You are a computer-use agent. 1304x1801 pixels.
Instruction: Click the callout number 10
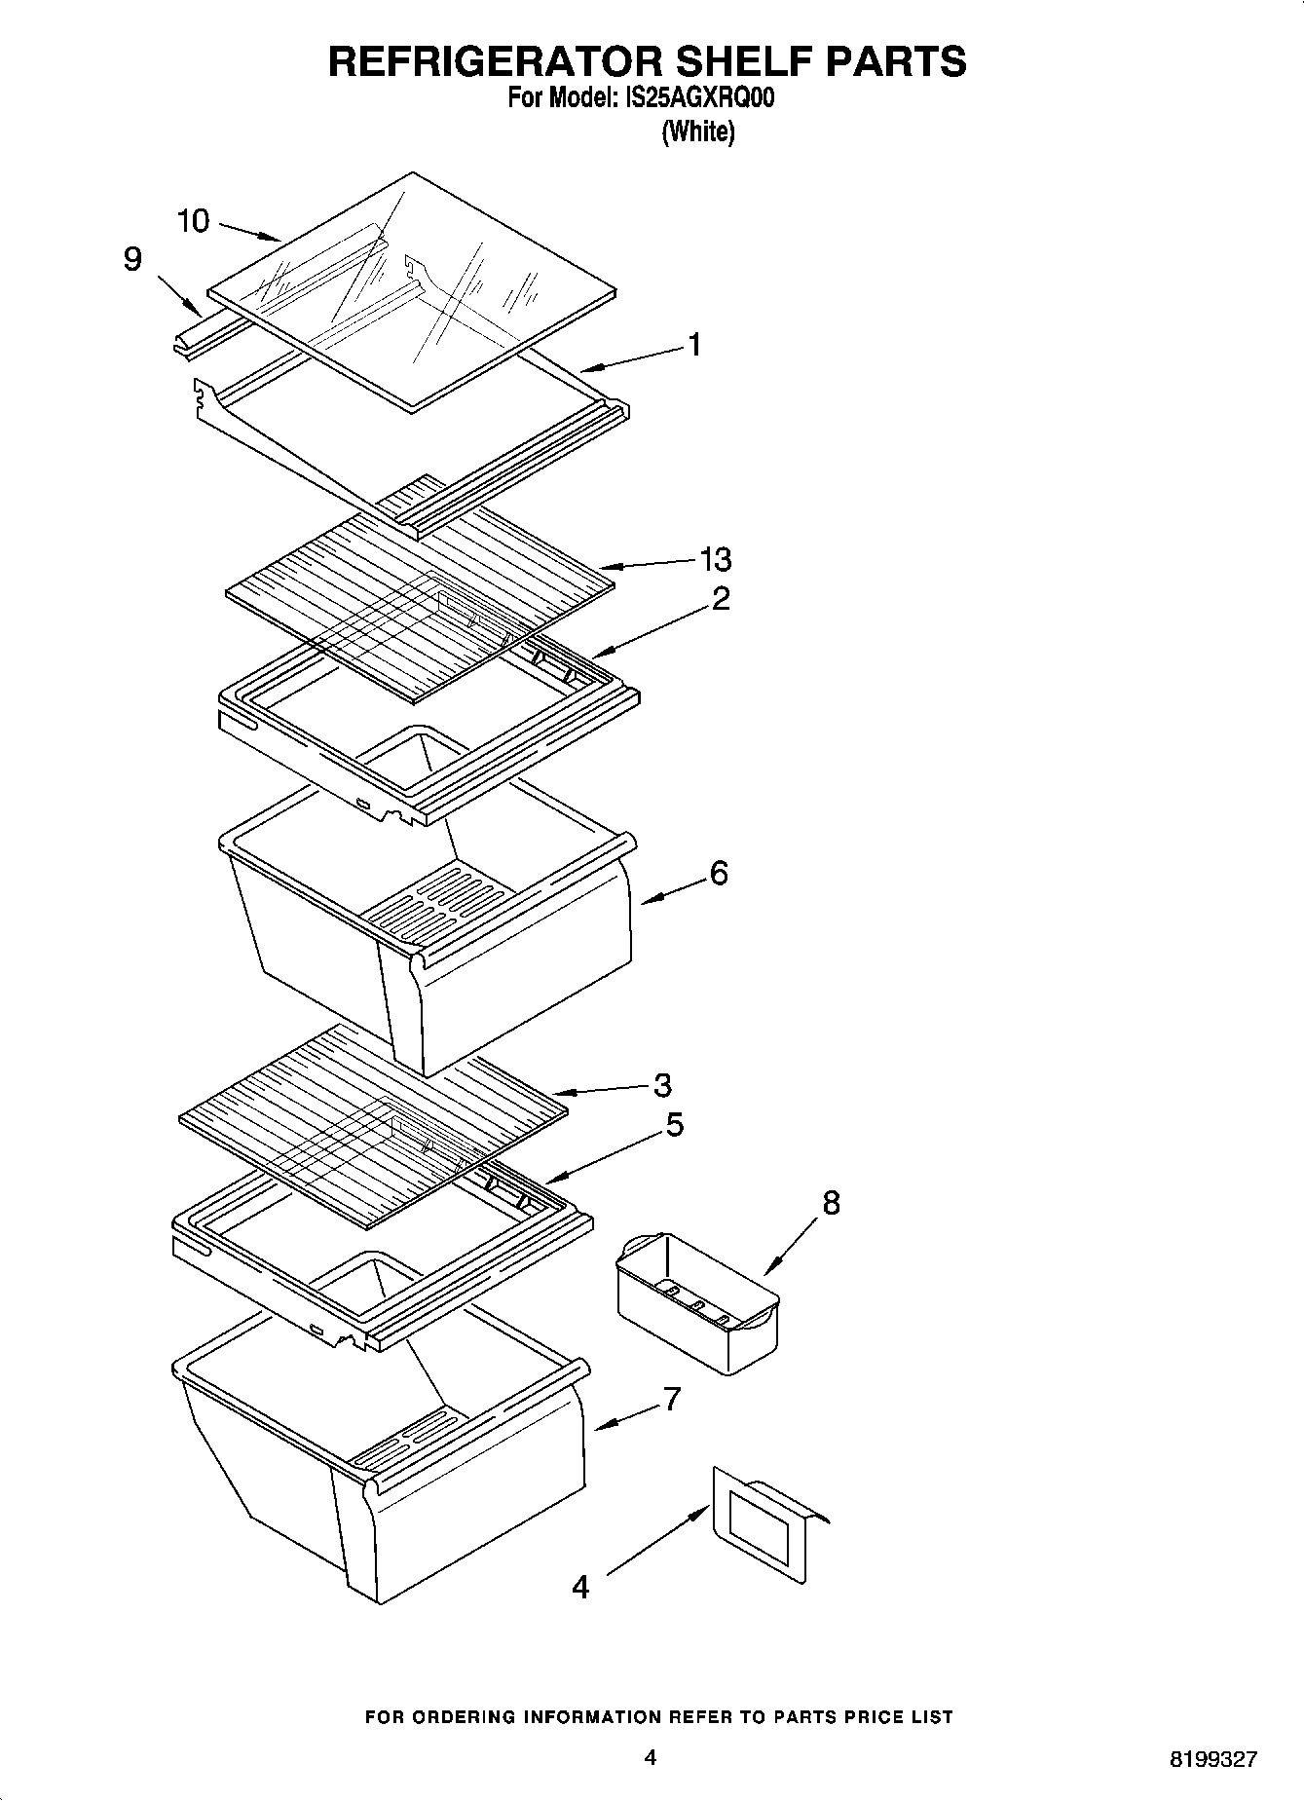click(193, 221)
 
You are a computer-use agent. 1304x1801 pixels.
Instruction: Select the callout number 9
click(133, 259)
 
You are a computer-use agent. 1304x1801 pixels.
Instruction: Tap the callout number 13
click(716, 559)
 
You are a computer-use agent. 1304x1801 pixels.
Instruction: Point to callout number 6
click(719, 873)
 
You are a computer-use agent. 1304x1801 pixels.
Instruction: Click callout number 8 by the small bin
click(831, 1203)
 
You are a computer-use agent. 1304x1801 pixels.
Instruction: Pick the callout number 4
click(580, 1588)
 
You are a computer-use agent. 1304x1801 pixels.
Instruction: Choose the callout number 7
click(672, 1400)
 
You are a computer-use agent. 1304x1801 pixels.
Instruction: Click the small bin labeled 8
click(698, 1302)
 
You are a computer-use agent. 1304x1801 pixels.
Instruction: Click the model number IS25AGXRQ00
click(696, 98)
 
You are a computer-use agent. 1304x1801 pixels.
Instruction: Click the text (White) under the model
click(697, 131)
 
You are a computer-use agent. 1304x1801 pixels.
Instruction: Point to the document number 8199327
click(1213, 1760)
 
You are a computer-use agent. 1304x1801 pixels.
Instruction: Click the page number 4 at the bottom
click(651, 1758)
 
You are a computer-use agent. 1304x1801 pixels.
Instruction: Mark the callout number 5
click(674, 1125)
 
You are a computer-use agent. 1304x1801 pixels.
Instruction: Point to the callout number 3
click(662, 1084)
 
